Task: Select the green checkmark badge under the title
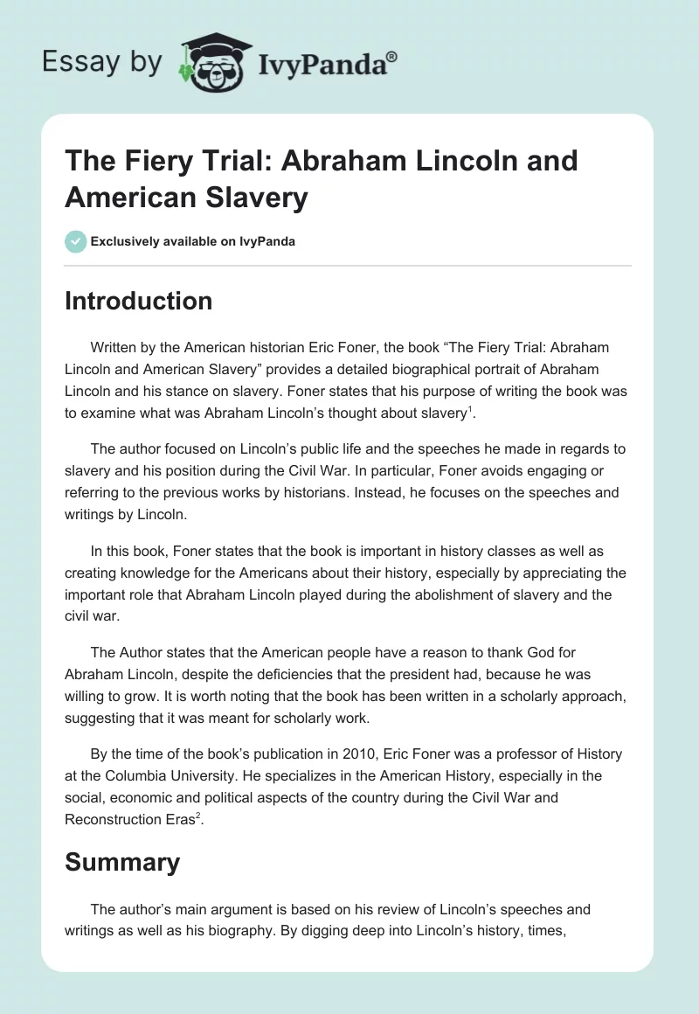click(x=76, y=241)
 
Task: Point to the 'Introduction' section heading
click(x=138, y=301)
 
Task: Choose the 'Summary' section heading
click(x=122, y=862)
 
